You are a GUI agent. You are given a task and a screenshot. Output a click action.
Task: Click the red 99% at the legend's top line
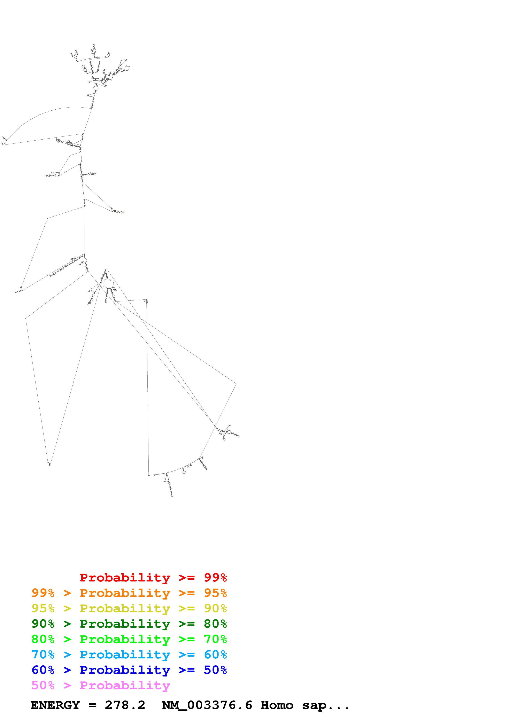tap(215, 577)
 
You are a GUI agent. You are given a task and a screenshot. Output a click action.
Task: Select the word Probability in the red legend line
tap(125, 577)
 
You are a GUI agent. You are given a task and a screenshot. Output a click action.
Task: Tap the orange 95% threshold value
tap(215, 593)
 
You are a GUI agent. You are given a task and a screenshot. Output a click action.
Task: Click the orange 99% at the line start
tap(43, 593)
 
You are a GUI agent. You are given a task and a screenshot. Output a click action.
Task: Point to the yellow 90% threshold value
tap(215, 608)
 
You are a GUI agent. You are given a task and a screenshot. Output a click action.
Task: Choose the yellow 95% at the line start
tap(43, 608)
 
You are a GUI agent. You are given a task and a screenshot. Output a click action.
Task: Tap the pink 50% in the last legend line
tap(43, 685)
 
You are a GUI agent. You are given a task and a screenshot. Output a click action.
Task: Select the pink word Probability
tap(125, 685)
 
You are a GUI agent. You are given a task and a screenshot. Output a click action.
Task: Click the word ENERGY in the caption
tap(55, 705)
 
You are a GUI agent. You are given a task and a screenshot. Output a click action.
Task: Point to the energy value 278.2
tap(125, 705)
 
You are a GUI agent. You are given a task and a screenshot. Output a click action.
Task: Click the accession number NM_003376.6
tap(207, 705)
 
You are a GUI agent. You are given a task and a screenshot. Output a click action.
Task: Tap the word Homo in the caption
tap(277, 705)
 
